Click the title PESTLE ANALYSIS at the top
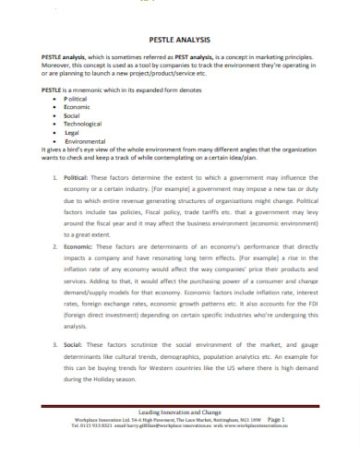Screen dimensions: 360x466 [x=179, y=41]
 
